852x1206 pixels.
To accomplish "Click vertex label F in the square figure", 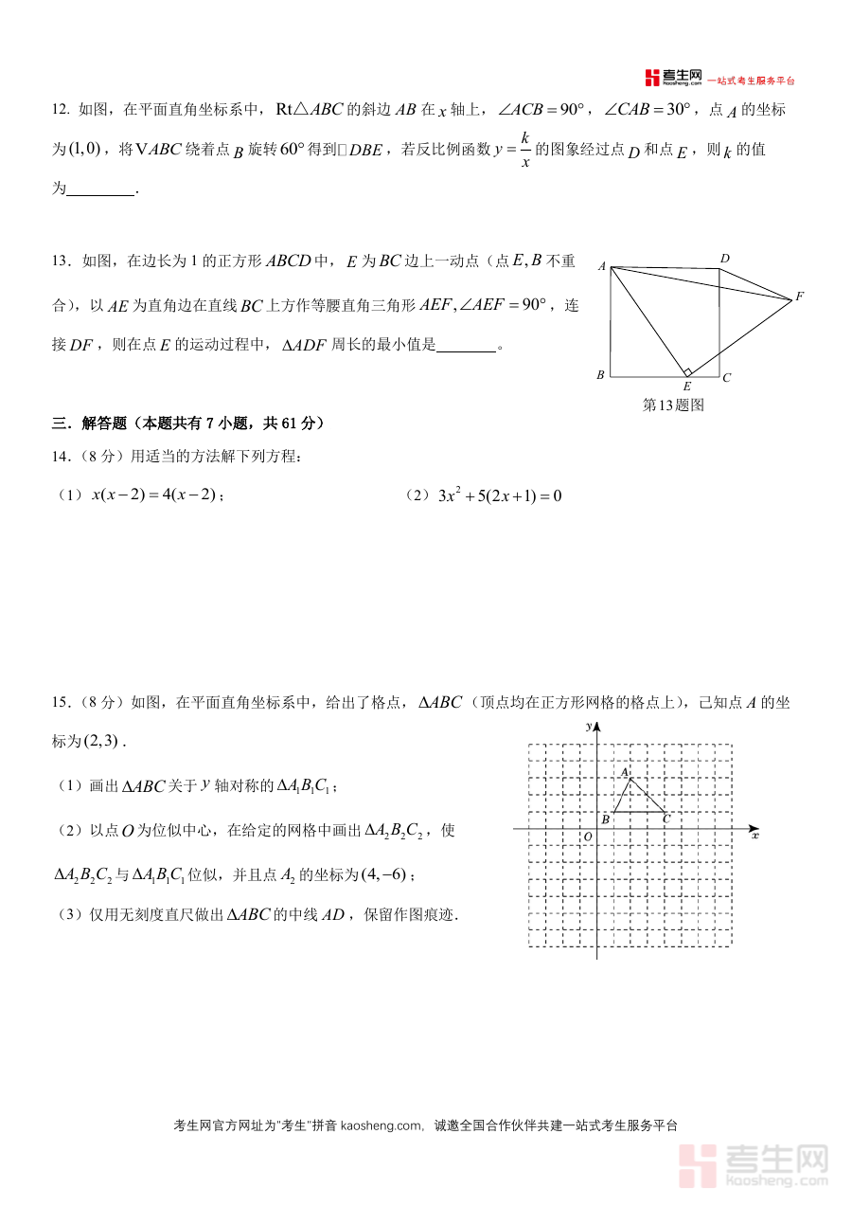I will (799, 297).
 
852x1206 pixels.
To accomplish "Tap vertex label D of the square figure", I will (724, 259).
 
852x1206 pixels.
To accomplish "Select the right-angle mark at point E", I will (688, 371).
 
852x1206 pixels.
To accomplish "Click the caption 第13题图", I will (673, 405).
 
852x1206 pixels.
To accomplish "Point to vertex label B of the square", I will (600, 376).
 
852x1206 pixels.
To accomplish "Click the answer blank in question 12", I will (101, 189).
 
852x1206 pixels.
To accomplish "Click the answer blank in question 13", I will (467, 346).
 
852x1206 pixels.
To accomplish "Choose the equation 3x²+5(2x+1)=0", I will (496, 495).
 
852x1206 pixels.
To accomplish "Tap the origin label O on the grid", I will (588, 837).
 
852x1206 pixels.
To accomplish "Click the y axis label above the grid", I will (589, 726).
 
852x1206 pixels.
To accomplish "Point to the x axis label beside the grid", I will (754, 836).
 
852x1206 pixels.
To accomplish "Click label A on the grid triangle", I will (624, 772).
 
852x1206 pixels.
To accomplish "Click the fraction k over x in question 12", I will (524, 149).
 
